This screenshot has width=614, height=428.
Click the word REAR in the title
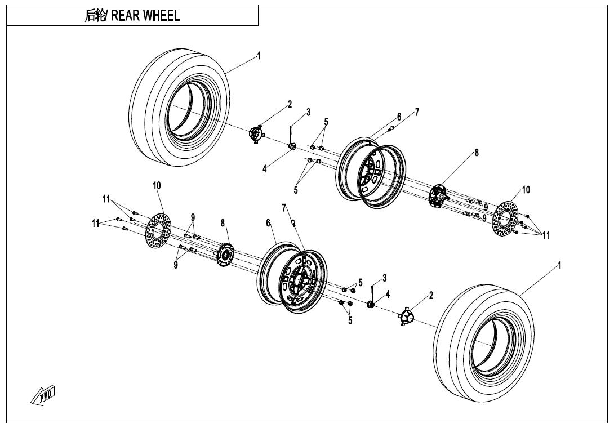126,16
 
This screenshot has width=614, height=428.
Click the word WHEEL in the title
161,16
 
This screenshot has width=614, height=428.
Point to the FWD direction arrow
43,395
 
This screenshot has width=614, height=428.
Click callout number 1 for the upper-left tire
259,55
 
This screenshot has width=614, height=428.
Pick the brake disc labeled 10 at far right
506,219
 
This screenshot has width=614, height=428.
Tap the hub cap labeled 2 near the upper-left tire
257,135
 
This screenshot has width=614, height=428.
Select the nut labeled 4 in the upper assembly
292,147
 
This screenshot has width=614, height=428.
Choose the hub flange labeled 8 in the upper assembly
437,196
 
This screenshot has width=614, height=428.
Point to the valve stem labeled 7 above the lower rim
293,222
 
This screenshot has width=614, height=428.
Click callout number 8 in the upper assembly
477,152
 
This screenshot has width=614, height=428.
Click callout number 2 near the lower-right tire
431,295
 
